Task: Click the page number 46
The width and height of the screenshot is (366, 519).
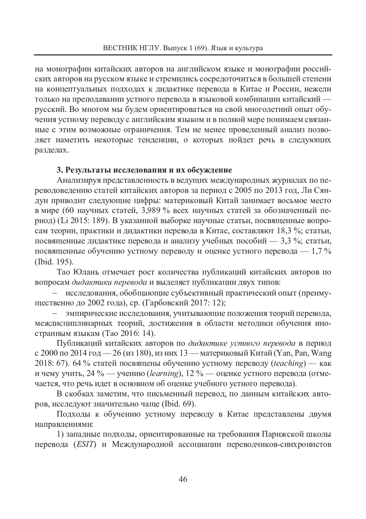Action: pos(183,479)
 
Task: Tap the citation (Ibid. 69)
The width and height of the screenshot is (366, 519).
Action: pos(176,404)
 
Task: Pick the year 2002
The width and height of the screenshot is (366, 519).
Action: pos(98,303)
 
